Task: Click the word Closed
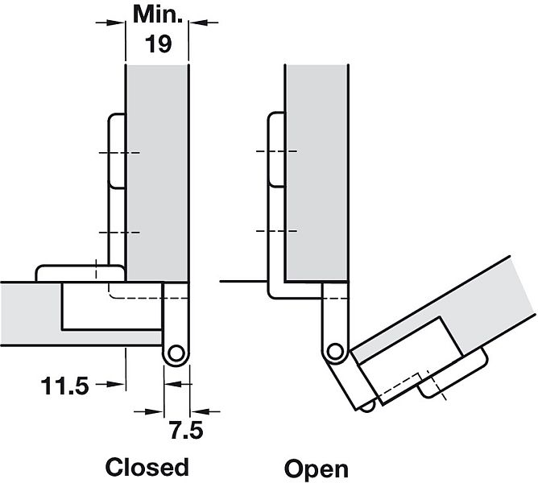tap(147, 467)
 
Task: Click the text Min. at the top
tap(157, 14)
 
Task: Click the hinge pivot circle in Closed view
tap(176, 353)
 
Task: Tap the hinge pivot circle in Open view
tap(336, 350)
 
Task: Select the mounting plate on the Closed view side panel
tap(114, 153)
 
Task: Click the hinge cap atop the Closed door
tap(77, 272)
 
